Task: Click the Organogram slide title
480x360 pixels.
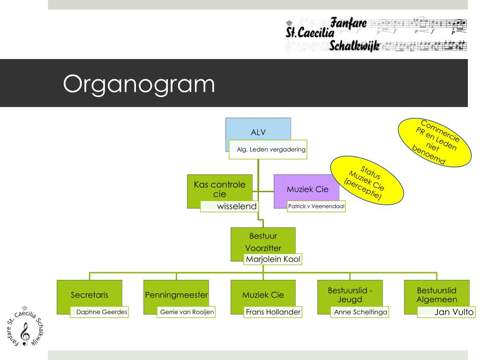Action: click(x=139, y=84)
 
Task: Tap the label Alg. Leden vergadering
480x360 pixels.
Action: click(x=271, y=150)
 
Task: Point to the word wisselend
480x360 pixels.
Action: click(x=237, y=206)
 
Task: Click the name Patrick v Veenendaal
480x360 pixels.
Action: click(x=316, y=206)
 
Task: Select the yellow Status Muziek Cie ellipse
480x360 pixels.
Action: click(x=367, y=180)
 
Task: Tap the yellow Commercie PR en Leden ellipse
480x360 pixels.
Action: click(x=435, y=142)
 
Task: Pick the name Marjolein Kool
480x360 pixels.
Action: click(x=273, y=259)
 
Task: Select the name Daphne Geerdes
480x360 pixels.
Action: click(x=102, y=312)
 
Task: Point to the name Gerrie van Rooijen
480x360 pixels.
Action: click(x=187, y=312)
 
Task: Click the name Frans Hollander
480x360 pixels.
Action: click(x=273, y=312)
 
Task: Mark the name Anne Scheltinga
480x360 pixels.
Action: click(x=360, y=312)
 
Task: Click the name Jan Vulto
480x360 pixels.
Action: click(x=454, y=312)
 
